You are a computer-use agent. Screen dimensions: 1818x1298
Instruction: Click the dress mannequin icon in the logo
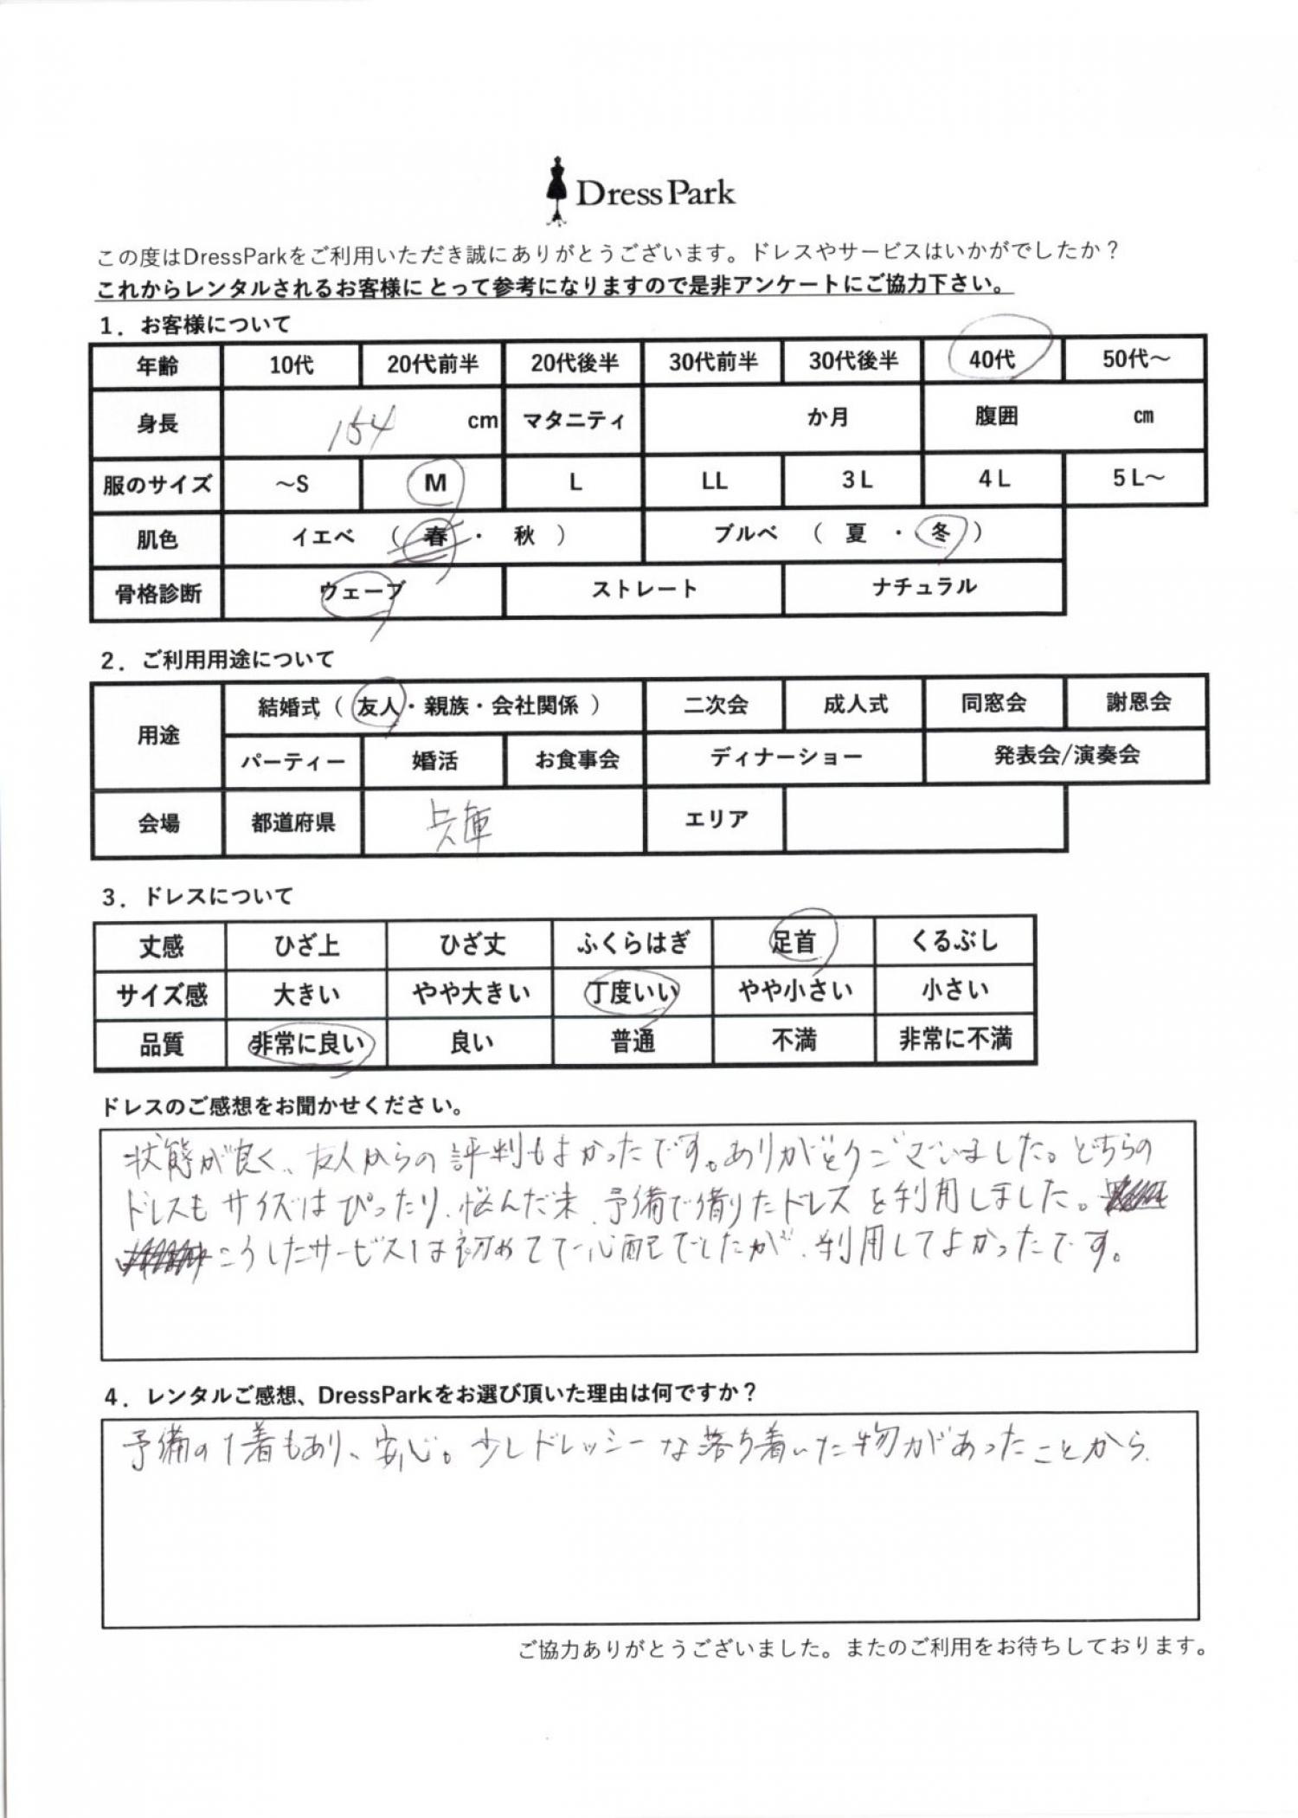pos(555,190)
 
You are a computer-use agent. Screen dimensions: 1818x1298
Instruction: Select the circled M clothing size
pos(435,482)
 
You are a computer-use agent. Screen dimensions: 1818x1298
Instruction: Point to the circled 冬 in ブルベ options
pos(941,532)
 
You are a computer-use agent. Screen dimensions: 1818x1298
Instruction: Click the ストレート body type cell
pos(644,590)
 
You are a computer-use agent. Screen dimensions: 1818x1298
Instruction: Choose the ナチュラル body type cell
pos(924,587)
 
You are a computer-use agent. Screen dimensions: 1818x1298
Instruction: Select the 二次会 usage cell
pos(715,705)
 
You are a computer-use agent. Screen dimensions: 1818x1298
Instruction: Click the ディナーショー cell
pos(786,757)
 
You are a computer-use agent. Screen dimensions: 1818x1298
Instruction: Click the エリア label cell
pos(716,818)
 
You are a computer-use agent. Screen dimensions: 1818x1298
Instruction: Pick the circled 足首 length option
pos(794,941)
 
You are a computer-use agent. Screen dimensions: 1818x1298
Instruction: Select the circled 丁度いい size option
pos(632,992)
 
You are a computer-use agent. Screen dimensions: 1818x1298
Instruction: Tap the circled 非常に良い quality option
pos(307,1043)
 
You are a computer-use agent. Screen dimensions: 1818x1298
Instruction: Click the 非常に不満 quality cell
pos(955,1038)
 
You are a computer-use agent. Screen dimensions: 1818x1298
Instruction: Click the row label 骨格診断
pos(157,594)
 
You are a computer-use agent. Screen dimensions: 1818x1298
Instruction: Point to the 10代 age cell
pos(291,364)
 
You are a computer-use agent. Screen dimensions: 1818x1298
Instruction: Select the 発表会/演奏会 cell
pos(1066,755)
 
